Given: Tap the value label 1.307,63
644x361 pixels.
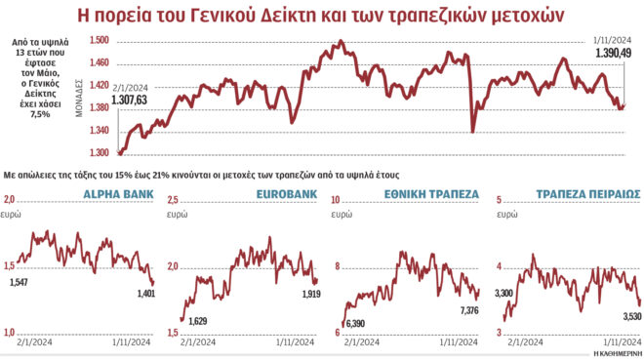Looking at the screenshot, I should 132,100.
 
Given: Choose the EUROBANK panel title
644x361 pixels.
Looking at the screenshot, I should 287,194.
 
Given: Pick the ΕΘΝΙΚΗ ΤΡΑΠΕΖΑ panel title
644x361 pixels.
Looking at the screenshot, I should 429,194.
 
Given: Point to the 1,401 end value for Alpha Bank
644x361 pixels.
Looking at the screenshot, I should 145,294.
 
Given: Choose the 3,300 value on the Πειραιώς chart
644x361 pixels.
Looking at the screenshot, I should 504,293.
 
